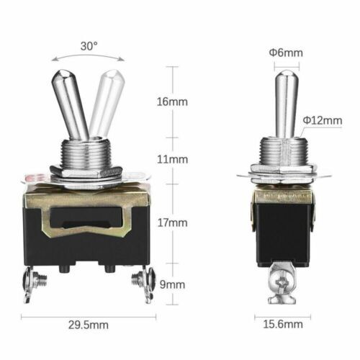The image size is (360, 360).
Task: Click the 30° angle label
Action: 89,45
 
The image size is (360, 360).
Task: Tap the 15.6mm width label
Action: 284,325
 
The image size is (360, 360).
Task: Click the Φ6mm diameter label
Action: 287,52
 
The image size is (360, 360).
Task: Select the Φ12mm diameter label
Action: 323,120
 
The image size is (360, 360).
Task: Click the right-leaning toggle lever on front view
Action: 103,101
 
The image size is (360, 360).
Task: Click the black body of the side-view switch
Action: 284,230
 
